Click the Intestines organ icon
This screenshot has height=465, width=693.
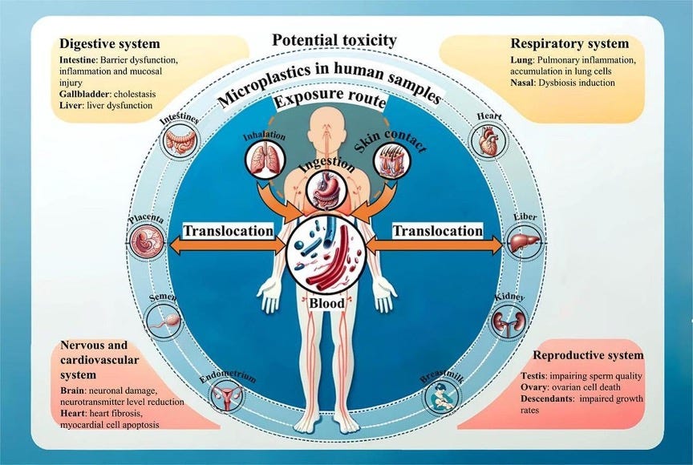point(180,143)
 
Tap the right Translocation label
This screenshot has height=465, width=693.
point(438,231)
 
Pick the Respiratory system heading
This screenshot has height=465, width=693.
point(569,43)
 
